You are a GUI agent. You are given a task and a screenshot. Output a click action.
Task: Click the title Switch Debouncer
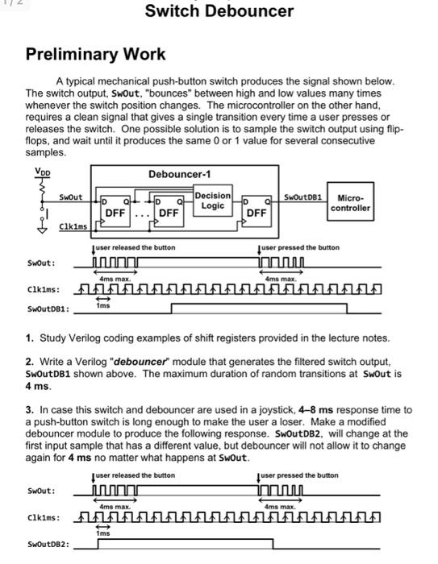coord(219,11)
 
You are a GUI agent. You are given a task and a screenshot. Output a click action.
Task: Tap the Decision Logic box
coord(213,201)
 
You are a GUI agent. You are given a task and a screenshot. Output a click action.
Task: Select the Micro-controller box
coord(353,202)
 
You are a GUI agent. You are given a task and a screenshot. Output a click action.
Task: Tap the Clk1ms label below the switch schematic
coord(72,228)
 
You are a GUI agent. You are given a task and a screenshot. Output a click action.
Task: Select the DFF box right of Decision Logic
coord(257,208)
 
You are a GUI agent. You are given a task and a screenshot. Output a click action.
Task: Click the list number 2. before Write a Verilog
coord(31,384)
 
